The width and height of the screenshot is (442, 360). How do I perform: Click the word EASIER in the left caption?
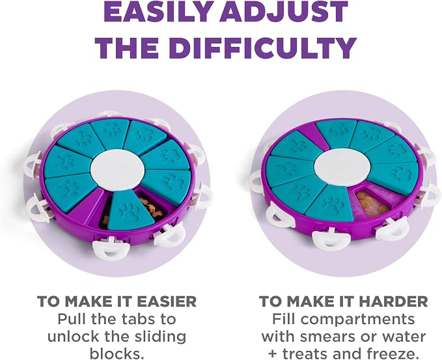(166, 301)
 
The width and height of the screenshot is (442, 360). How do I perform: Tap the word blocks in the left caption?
(117, 353)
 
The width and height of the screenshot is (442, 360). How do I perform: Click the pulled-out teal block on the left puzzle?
(130, 210)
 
